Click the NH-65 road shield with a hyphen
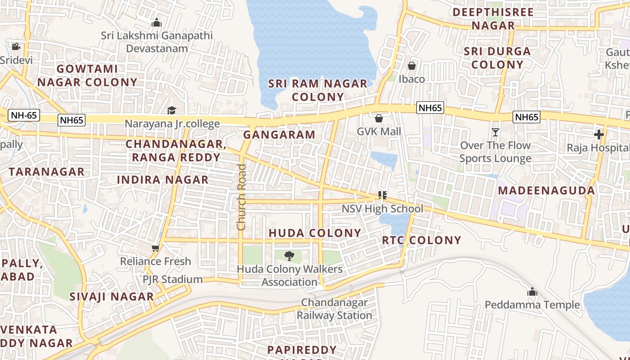click(x=24, y=115)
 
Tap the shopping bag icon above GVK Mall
click(x=379, y=118)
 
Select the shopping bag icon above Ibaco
click(x=411, y=66)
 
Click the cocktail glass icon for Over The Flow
click(x=495, y=132)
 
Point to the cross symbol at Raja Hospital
click(x=598, y=134)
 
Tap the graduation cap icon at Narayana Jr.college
click(x=171, y=110)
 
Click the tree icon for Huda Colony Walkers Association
click(x=289, y=256)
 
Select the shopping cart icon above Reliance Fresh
click(x=156, y=248)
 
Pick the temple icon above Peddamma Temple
click(x=532, y=292)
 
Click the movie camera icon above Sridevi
click(x=16, y=46)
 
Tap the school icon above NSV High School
click(x=382, y=195)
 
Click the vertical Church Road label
click(x=242, y=197)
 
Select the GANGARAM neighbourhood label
click(x=279, y=135)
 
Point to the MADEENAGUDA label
click(x=546, y=190)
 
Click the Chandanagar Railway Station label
click(x=334, y=309)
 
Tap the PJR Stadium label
click(x=173, y=279)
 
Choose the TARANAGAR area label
click(x=46, y=171)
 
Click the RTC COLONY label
click(x=422, y=240)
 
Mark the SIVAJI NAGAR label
click(x=112, y=297)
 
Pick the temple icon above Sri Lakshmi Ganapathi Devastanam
click(x=157, y=22)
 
